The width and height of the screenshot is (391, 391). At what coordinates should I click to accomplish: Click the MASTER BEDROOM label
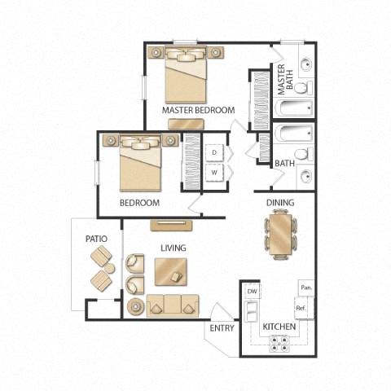click(x=198, y=110)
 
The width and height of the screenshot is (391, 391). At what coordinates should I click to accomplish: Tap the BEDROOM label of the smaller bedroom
click(x=139, y=203)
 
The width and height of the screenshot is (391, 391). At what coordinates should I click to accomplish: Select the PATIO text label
click(x=97, y=239)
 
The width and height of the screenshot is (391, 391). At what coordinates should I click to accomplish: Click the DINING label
click(x=279, y=203)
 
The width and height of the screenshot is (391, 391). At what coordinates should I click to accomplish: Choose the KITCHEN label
click(x=279, y=327)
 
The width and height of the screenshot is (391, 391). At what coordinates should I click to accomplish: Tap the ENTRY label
click(x=222, y=327)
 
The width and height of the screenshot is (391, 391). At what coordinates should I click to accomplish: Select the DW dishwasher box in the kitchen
click(x=252, y=291)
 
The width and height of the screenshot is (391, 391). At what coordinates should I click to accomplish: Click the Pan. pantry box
click(x=306, y=288)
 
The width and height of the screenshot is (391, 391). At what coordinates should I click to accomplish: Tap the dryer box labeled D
click(x=214, y=152)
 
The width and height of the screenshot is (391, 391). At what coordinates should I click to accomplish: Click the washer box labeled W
click(x=214, y=173)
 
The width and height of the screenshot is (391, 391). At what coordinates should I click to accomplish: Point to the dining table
click(x=280, y=233)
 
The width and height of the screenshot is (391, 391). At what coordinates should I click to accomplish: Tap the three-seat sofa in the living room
click(x=172, y=304)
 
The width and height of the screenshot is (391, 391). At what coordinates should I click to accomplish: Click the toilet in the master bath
click(x=301, y=87)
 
